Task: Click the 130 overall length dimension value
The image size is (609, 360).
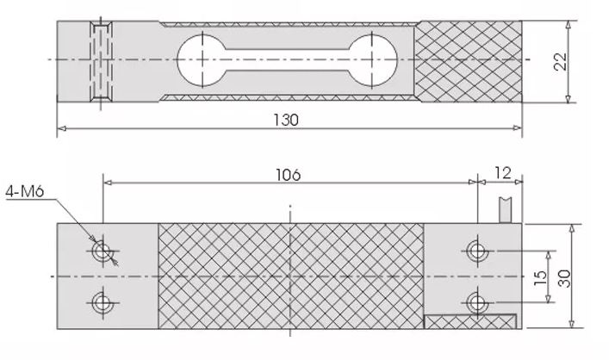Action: click(289, 120)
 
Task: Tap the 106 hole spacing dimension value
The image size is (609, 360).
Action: click(289, 174)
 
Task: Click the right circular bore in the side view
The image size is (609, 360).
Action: click(375, 59)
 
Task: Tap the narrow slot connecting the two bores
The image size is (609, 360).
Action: click(289, 59)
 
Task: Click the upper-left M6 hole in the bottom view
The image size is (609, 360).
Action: click(103, 251)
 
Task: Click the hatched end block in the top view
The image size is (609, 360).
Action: click(469, 59)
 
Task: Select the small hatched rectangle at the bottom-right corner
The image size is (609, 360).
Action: click(471, 321)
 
